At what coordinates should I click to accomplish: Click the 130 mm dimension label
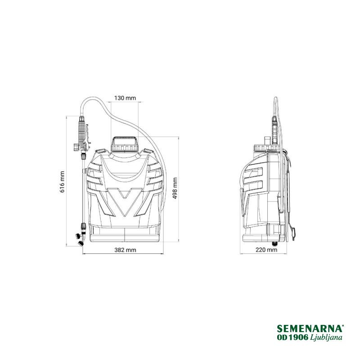pyautogui.click(x=125, y=98)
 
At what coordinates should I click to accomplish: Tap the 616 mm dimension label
pyautogui.click(x=62, y=182)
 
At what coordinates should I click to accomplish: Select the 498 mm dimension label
pyautogui.click(x=175, y=188)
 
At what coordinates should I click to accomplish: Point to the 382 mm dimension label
pyautogui.click(x=125, y=250)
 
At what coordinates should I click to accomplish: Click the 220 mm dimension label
pyautogui.click(x=266, y=250)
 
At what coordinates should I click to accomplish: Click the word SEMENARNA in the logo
pyautogui.click(x=310, y=328)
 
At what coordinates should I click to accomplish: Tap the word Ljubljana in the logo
pyautogui.click(x=326, y=337)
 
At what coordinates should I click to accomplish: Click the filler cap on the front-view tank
pyautogui.click(x=125, y=144)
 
